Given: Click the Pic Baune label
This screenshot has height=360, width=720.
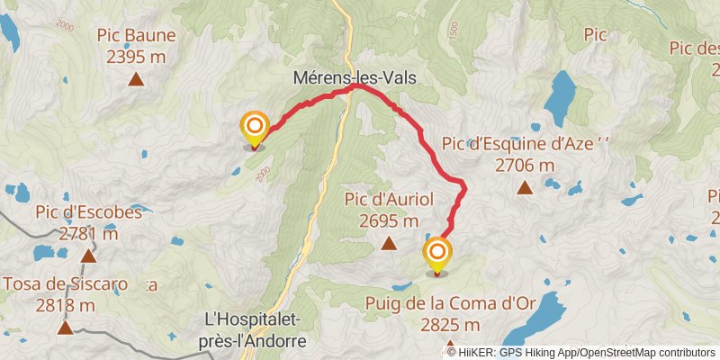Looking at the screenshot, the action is click(x=136, y=36).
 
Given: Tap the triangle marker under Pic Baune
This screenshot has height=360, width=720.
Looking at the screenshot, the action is click(x=136, y=79).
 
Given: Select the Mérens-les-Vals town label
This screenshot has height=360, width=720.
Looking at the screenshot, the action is click(x=355, y=78).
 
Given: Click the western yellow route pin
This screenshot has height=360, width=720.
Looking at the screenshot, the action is click(x=255, y=129).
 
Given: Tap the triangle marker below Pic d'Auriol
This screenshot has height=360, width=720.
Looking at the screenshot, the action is click(x=389, y=243).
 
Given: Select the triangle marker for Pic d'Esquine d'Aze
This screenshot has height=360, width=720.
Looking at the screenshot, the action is click(x=525, y=187).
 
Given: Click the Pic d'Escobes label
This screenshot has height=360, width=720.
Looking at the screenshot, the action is click(x=88, y=213).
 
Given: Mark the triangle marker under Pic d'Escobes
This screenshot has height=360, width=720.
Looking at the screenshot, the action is click(x=88, y=257).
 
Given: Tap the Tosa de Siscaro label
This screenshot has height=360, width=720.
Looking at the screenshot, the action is click(x=65, y=284).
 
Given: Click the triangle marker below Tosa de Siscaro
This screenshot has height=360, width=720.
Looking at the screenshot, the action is click(x=65, y=328).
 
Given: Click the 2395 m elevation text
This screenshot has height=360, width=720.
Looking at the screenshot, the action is click(x=136, y=56).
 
